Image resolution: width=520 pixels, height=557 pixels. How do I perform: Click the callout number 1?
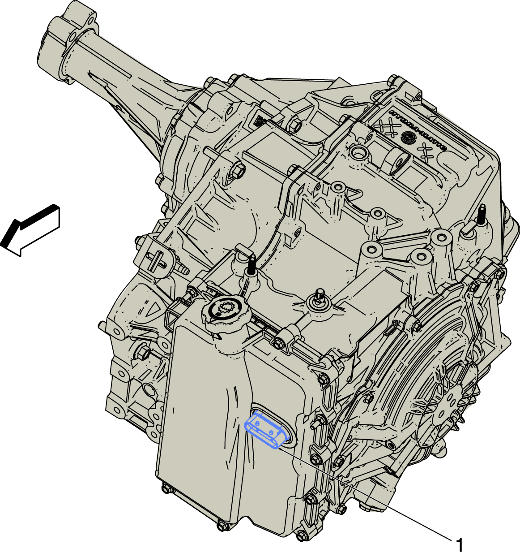(460, 545)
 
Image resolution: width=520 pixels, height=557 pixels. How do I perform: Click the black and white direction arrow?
(30, 230)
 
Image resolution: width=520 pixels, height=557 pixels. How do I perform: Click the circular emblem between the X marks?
(406, 137)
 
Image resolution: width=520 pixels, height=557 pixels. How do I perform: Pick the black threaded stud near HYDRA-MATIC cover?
(482, 215)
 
